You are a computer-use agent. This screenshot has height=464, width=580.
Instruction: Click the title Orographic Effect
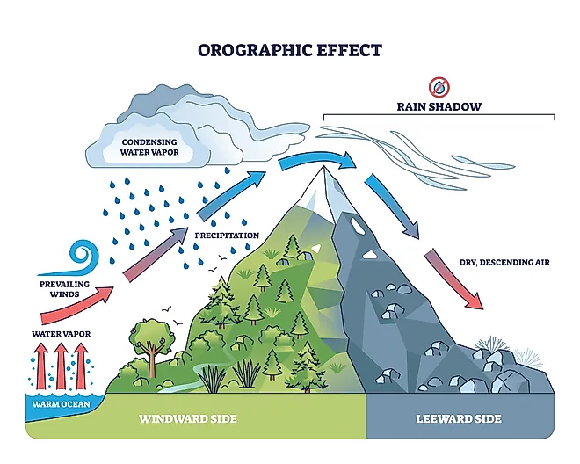pyautogui.click(x=289, y=49)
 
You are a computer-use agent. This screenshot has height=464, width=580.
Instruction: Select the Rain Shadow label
pyautogui.click(x=439, y=107)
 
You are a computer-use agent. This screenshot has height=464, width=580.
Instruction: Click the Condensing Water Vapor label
pyautogui.click(x=149, y=147)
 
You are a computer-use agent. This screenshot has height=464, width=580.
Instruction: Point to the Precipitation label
pyautogui.click(x=227, y=236)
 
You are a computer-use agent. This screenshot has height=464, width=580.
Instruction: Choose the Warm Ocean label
pyautogui.click(x=60, y=405)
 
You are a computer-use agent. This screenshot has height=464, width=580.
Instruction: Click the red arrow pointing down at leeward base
pyautogui.click(x=454, y=279)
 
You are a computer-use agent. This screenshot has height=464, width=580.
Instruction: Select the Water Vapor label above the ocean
pyautogui.click(x=61, y=334)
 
